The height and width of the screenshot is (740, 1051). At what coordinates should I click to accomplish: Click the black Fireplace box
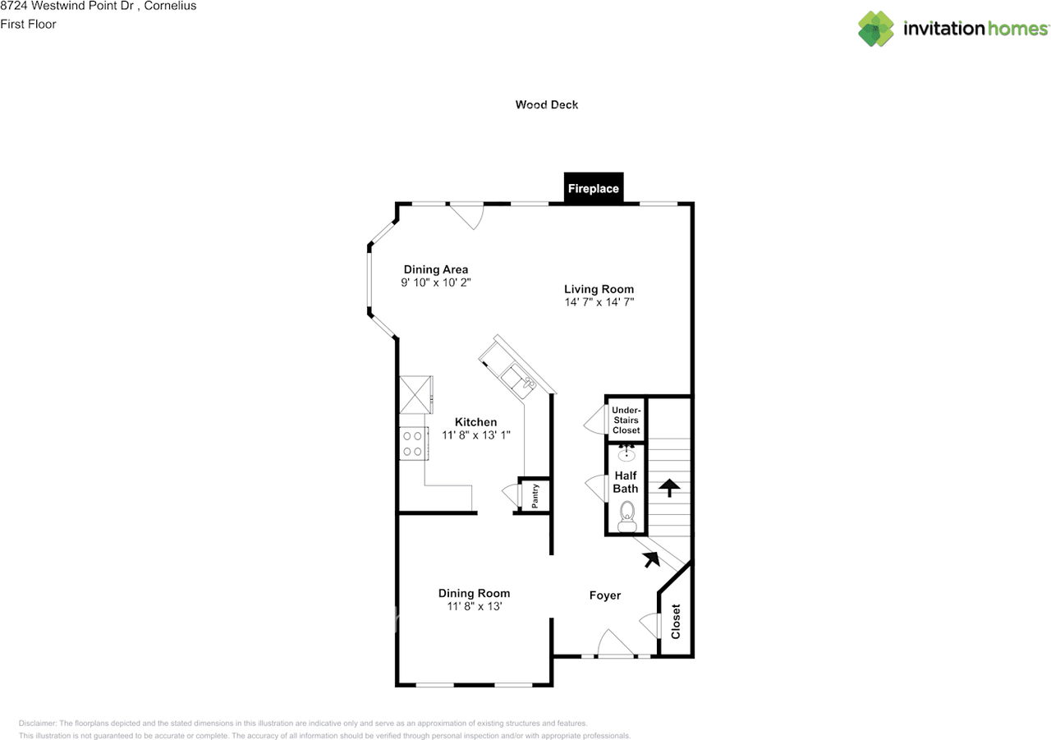coord(594,188)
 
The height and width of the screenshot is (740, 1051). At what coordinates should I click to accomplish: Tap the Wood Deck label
coord(547,104)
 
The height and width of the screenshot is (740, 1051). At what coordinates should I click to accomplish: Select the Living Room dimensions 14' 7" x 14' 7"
coord(599,302)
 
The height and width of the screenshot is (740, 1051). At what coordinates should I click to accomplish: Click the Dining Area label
coord(436,269)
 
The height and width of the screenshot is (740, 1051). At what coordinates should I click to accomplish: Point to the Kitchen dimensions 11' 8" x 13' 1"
coord(475,435)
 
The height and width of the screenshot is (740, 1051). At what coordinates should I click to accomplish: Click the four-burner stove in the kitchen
coord(413,444)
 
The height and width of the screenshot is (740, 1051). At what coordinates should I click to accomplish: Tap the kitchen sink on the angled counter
coord(518,381)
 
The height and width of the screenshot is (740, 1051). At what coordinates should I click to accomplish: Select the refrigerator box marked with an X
coord(415,394)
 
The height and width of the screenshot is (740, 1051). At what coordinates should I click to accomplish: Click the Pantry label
coord(535,496)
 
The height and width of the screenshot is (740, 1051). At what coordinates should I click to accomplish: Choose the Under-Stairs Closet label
coord(626,420)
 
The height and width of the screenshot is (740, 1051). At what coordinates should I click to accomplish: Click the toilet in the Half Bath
coord(626,517)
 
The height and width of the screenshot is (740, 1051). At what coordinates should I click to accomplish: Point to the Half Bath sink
coord(626,453)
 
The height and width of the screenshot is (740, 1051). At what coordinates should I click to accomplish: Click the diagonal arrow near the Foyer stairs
coord(652,559)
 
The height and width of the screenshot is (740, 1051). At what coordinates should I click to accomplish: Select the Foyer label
coord(605,595)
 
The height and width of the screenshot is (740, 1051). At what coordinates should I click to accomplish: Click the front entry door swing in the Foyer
coord(615,642)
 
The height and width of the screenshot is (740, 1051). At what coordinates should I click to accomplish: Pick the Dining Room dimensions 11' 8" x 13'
coord(475,606)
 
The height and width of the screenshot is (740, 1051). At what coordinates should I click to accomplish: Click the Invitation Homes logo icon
coord(876,29)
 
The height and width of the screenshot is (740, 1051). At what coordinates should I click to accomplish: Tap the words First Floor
coord(28,24)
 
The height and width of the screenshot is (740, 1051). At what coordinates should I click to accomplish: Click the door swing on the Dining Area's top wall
coord(466,217)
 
